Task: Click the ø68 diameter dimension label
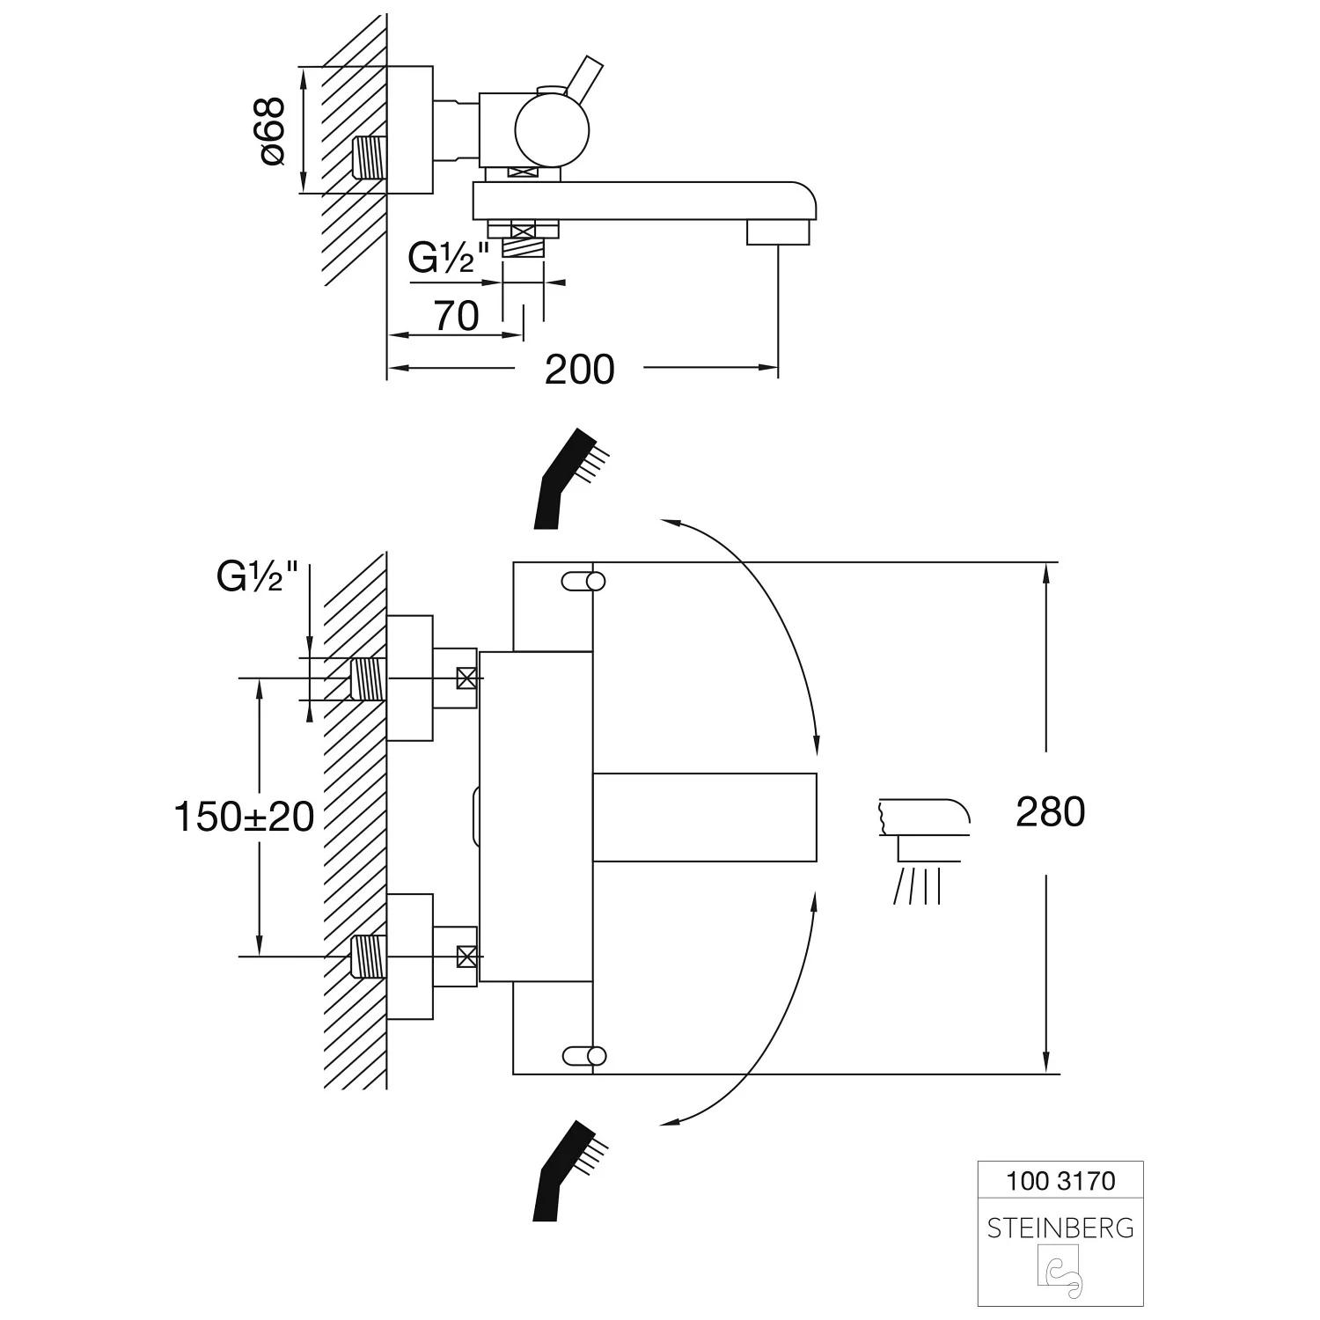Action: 273,130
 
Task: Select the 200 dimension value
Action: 579,370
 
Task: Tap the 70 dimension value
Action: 457,316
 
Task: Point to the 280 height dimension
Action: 1050,811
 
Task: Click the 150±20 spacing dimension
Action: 244,817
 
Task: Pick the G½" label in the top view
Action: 449,258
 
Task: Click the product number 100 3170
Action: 1060,1180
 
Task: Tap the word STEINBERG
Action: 1060,1228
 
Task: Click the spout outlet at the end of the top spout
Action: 778,232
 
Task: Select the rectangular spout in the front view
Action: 705,817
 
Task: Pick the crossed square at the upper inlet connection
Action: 466,678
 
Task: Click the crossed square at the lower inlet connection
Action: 466,955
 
